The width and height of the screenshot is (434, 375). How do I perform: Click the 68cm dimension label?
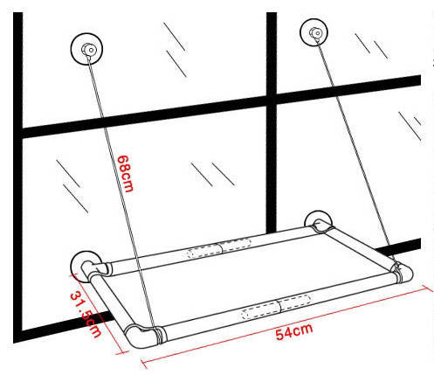click(x=125, y=174)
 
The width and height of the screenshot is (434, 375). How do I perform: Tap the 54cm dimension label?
click(x=294, y=331)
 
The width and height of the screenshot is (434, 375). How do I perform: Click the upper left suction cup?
click(x=86, y=49)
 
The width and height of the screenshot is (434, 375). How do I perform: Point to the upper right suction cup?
click(x=313, y=32)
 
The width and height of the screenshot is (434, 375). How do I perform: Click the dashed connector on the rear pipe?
click(x=219, y=247)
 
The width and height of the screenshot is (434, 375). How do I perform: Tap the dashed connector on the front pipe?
click(x=276, y=307)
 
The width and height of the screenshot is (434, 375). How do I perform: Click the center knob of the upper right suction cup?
click(x=315, y=32)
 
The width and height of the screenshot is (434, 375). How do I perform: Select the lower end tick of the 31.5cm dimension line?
click(x=122, y=352)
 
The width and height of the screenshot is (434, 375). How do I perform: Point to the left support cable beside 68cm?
click(x=122, y=192)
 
